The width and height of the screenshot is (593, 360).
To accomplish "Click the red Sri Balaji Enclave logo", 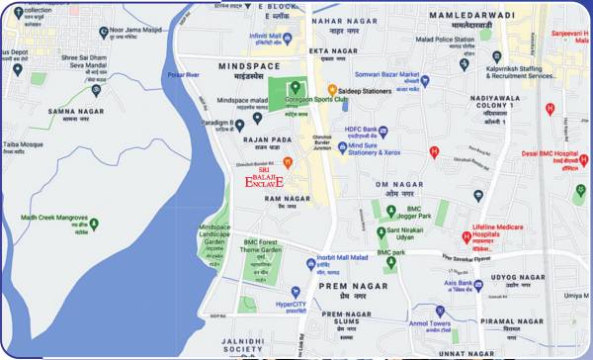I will tap(264, 179).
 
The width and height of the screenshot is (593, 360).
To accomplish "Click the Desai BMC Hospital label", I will tap(545, 153).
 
